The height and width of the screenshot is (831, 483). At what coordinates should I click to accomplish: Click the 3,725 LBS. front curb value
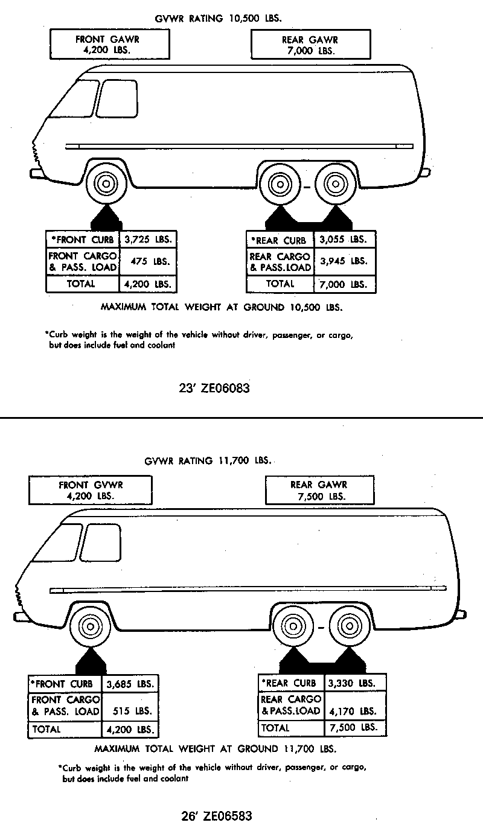click(x=148, y=239)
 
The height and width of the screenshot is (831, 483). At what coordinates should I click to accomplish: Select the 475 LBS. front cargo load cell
click(x=148, y=261)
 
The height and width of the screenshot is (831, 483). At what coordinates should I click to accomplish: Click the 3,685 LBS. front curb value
click(x=129, y=684)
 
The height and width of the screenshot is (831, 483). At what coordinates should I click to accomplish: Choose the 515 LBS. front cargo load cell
click(x=129, y=710)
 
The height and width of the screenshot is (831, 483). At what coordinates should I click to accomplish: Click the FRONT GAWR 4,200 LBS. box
click(x=99, y=45)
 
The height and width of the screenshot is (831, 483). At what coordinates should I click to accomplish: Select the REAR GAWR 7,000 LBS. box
click(x=310, y=45)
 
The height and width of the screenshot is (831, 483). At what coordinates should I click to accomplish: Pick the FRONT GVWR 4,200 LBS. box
click(x=91, y=490)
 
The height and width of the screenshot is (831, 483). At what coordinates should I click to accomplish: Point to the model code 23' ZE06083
click(x=215, y=389)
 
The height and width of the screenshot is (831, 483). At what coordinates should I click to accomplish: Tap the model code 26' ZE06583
click(x=216, y=817)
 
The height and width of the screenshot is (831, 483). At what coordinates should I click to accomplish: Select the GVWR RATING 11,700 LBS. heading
click(x=208, y=461)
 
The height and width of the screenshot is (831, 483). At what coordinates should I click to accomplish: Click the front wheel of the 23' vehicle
click(x=105, y=183)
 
